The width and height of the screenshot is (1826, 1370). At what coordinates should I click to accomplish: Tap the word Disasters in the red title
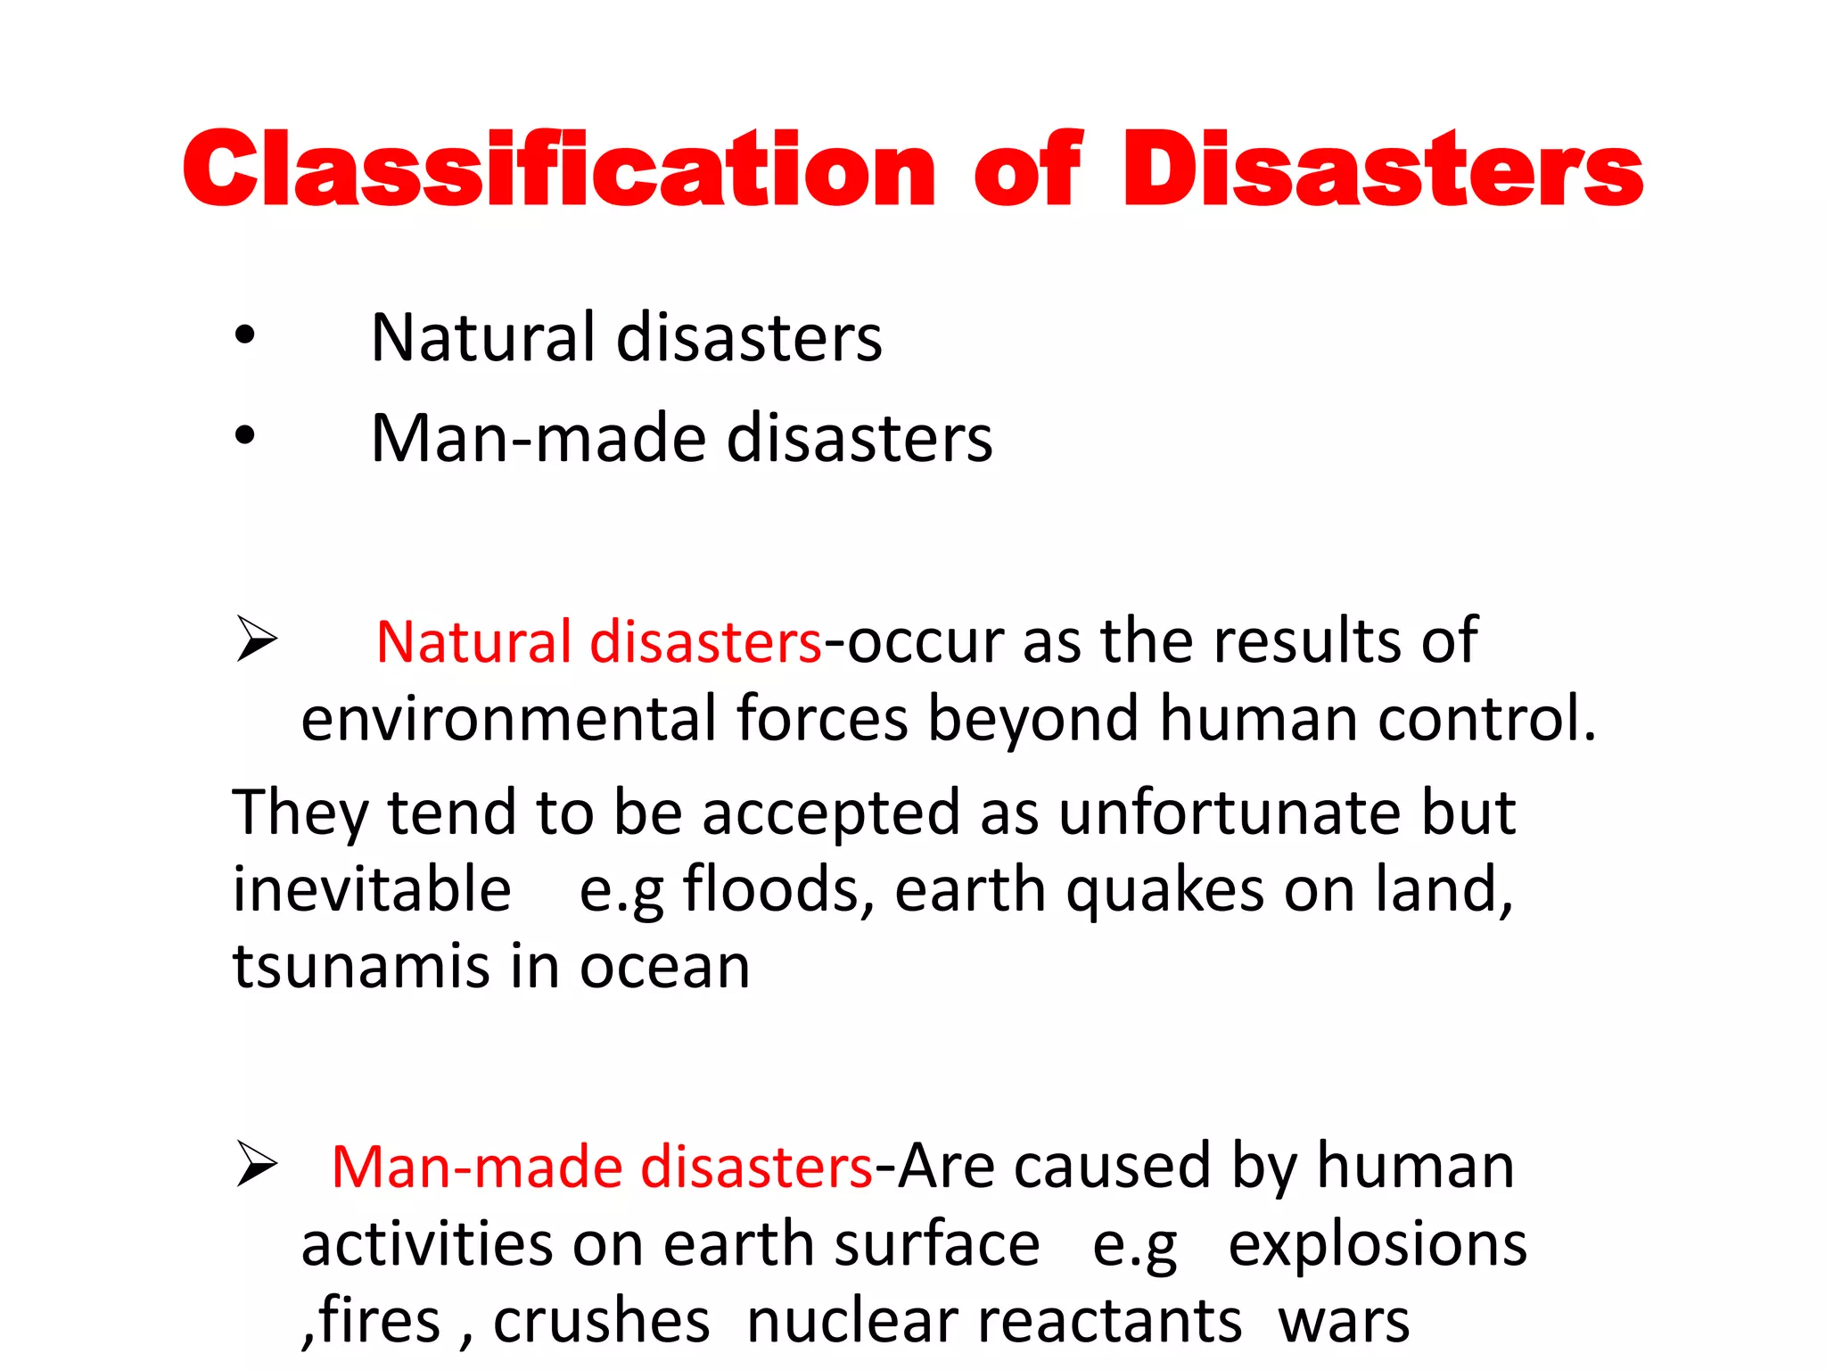pos(1382,169)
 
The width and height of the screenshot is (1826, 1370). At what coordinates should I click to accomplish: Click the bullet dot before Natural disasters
pos(244,336)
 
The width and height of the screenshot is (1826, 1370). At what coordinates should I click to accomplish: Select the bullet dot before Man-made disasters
pos(244,437)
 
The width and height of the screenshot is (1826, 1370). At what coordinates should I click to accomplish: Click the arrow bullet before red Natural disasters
pos(257,639)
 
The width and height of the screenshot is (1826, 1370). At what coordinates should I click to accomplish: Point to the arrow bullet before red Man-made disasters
pos(257,1165)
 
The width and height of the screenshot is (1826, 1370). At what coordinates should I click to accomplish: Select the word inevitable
pos(372,889)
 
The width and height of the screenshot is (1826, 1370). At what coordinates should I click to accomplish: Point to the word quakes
pos(1165,891)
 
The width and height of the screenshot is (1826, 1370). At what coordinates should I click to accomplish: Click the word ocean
pos(665,969)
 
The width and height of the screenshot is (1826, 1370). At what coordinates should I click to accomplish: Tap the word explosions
pos(1377,1244)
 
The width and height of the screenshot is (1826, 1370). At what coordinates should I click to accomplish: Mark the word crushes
pos(602,1321)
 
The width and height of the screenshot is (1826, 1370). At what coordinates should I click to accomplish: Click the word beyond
pos(1033,719)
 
